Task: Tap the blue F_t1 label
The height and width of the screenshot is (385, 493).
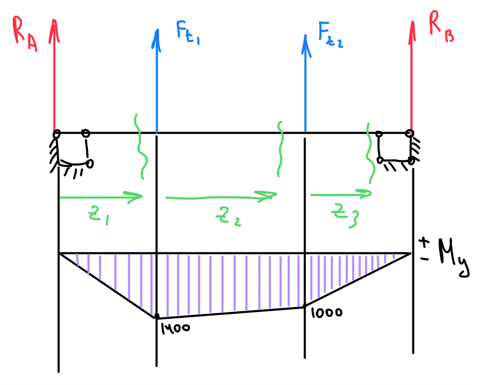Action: pos(187,33)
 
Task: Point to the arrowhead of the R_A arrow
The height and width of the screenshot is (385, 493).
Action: pos(54,29)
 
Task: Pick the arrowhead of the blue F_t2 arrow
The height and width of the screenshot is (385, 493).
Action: pos(306,44)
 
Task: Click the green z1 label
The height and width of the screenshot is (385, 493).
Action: pos(98,215)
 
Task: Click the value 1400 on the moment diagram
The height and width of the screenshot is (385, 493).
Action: pos(175,328)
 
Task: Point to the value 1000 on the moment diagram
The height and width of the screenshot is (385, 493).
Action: pos(326,313)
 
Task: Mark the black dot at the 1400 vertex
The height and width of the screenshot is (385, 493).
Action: pos(157,316)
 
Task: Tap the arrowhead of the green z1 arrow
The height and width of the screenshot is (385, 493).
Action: pos(138,197)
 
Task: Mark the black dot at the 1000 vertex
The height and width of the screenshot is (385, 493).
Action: pos(305,306)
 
